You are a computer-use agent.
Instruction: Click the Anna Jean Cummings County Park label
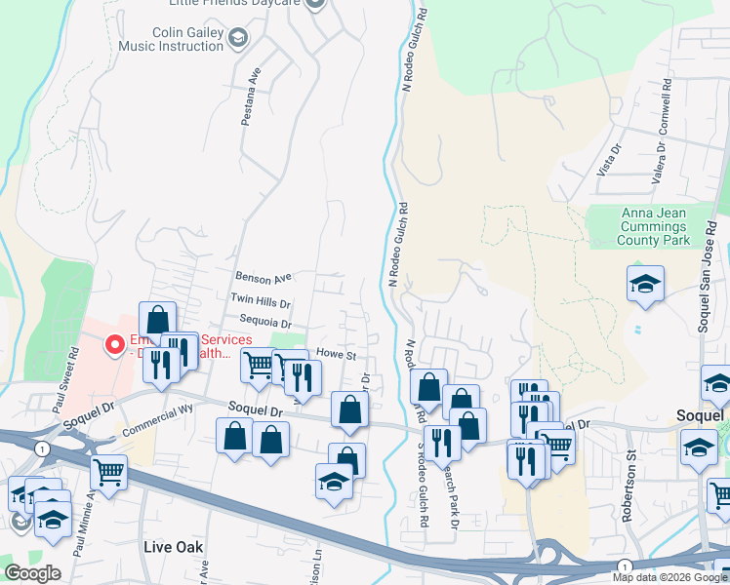(x=654, y=226)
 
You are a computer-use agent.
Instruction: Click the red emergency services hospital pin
(x=114, y=344)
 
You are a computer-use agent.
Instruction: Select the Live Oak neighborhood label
(x=174, y=547)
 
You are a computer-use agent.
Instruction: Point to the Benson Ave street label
(x=264, y=277)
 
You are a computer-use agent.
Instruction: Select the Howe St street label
(x=336, y=356)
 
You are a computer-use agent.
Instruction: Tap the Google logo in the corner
(x=33, y=573)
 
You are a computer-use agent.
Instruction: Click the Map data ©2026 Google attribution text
(x=669, y=577)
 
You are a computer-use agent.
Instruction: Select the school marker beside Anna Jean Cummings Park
(x=645, y=284)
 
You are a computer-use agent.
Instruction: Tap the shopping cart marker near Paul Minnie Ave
(x=108, y=473)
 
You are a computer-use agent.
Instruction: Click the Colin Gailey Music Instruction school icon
(x=237, y=38)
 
